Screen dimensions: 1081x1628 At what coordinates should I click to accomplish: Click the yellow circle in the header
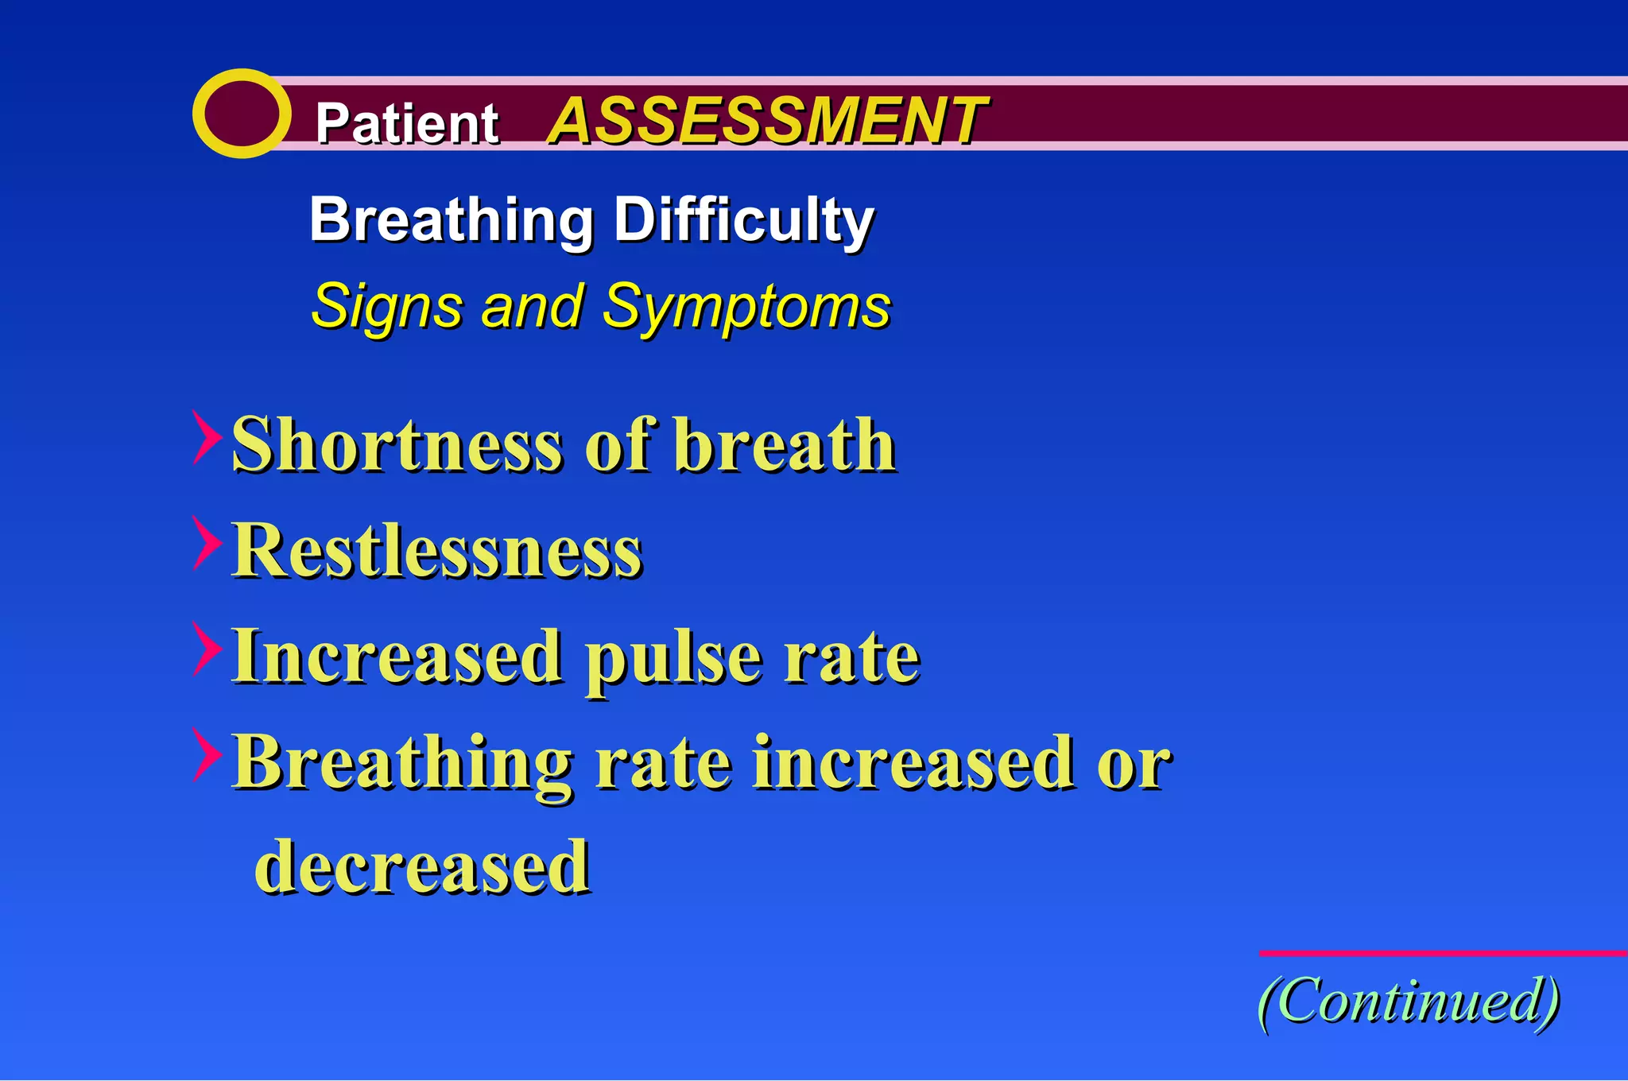tap(241, 113)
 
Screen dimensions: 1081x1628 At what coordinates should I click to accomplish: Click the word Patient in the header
tap(406, 123)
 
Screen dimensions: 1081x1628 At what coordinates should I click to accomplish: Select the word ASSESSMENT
tap(767, 121)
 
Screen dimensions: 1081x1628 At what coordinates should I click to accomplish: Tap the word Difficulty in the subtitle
tap(743, 220)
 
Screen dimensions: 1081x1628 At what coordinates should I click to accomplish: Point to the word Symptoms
tap(746, 307)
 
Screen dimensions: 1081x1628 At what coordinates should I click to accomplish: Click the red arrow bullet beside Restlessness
tap(206, 543)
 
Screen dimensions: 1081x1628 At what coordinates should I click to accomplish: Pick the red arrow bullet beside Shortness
tap(206, 437)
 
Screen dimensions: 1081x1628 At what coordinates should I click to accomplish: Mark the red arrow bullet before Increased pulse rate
tap(206, 649)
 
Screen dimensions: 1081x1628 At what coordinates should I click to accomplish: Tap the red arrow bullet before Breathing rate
tap(206, 755)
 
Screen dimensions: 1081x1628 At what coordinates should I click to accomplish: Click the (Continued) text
tap(1409, 1000)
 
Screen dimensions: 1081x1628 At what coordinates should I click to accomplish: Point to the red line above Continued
tap(1443, 952)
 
